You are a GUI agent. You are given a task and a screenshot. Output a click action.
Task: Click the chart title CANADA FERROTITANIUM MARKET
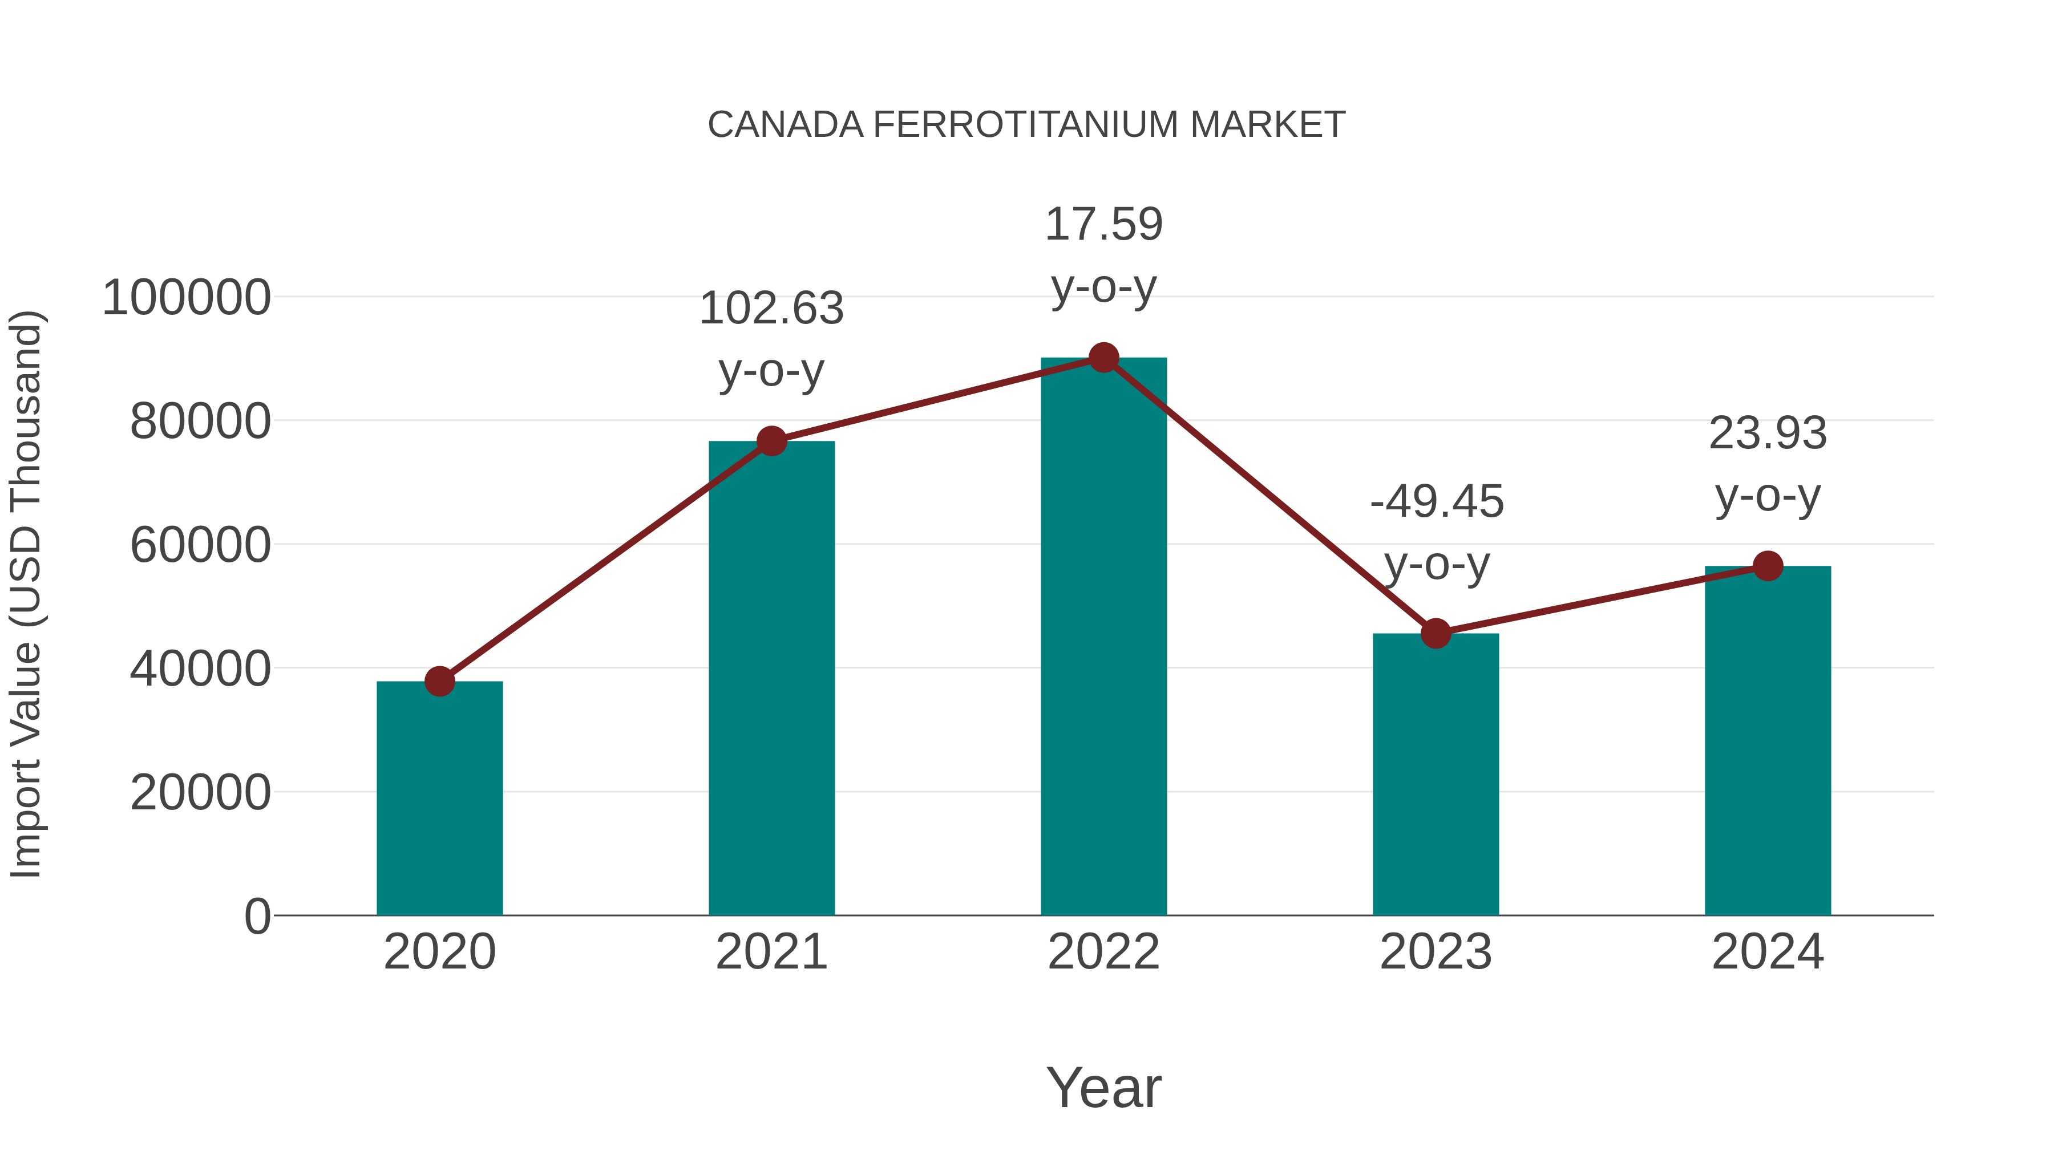click(1026, 125)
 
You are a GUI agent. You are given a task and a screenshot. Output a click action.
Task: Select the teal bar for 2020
click(439, 797)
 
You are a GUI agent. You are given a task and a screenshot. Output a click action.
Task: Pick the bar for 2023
click(1436, 773)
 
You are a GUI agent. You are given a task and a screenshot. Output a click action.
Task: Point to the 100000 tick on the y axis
click(187, 298)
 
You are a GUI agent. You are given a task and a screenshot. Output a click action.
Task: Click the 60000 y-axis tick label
click(200, 546)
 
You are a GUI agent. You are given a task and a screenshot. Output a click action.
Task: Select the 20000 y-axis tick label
click(200, 793)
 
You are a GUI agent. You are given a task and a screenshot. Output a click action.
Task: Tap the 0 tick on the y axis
click(257, 917)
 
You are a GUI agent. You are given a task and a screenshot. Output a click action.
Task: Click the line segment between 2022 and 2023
click(1269, 496)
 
